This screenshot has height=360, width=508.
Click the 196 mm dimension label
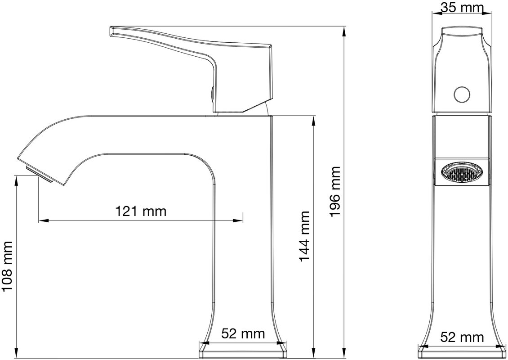click(x=334, y=192)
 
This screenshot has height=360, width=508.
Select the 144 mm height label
click(x=304, y=236)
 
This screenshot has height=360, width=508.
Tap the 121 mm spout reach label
click(x=141, y=211)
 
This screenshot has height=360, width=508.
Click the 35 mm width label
click(x=462, y=7)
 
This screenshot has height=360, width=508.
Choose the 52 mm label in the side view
click(x=462, y=337)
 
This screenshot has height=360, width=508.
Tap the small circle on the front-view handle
click(x=462, y=94)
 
